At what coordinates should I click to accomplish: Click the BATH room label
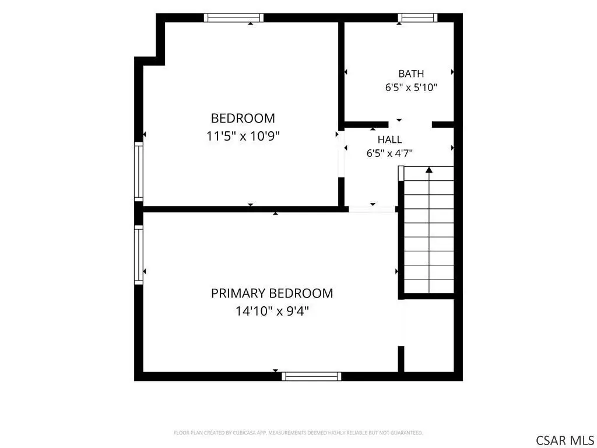click(x=411, y=73)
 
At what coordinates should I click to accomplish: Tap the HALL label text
click(x=389, y=139)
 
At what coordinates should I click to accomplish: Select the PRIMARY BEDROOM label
click(x=272, y=293)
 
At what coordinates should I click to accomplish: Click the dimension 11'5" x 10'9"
click(x=243, y=136)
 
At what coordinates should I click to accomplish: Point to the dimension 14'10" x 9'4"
click(x=272, y=311)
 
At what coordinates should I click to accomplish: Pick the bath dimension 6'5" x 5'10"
click(x=411, y=87)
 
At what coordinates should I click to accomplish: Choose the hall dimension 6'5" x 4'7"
click(x=389, y=153)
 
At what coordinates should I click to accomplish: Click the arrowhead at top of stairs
click(x=429, y=170)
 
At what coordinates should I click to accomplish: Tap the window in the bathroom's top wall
click(x=417, y=17)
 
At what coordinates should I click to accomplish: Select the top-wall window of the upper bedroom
click(x=234, y=17)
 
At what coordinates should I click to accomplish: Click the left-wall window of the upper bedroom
click(x=139, y=171)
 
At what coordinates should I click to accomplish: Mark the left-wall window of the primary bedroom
click(x=139, y=254)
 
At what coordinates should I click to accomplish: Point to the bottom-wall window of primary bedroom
click(x=311, y=376)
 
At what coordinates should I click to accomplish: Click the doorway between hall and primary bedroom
click(x=372, y=209)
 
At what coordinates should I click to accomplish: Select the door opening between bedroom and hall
click(x=342, y=153)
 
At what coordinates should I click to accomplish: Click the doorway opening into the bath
click(x=410, y=125)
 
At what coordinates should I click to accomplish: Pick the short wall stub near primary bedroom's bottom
click(x=401, y=359)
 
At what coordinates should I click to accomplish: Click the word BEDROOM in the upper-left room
click(x=243, y=118)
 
